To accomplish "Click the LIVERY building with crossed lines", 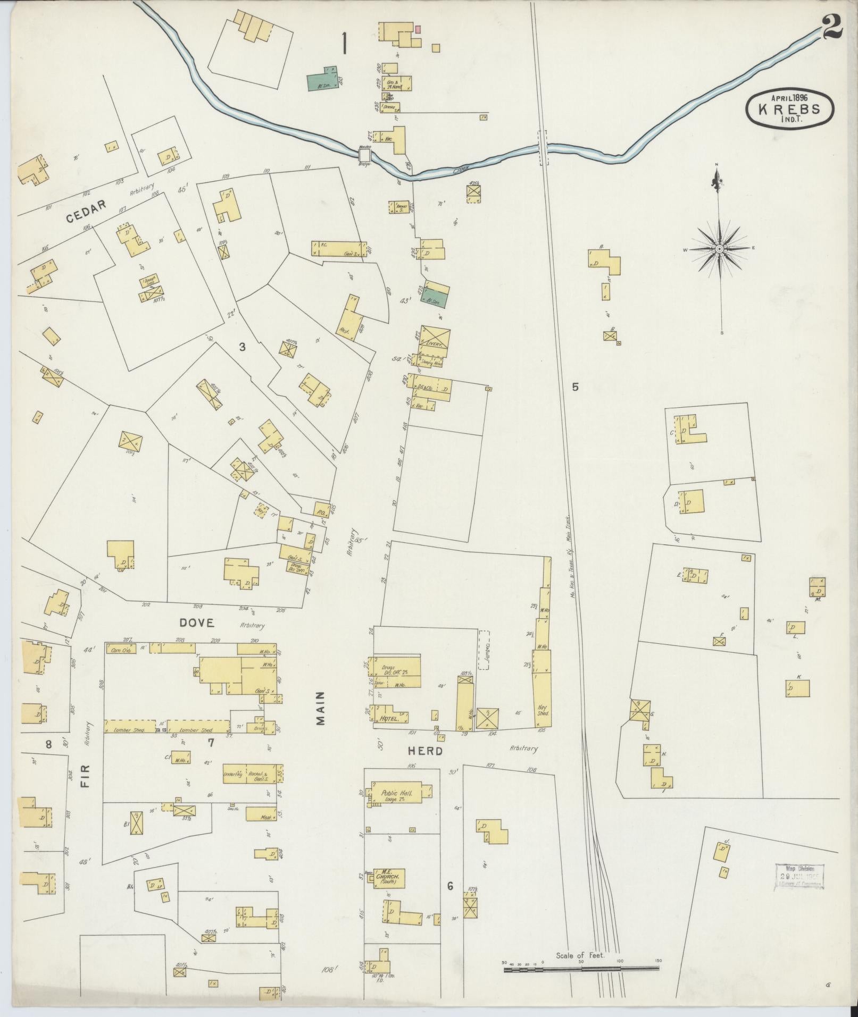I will pos(435,341).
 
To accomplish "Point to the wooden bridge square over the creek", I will pos(365,155).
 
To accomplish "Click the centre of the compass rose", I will pos(719,249).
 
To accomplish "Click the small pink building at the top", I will pos(418,29).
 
